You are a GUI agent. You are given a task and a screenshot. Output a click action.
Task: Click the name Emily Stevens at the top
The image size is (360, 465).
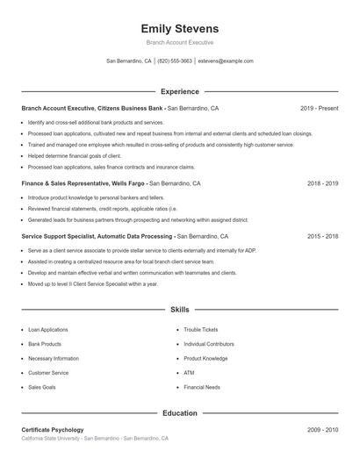click(x=180, y=28)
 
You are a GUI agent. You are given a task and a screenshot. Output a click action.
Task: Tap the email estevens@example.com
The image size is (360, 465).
click(x=226, y=61)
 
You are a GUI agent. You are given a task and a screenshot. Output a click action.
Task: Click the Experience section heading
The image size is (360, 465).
click(x=180, y=91)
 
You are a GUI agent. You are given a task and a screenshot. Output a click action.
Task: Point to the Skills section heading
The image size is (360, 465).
click(x=180, y=310)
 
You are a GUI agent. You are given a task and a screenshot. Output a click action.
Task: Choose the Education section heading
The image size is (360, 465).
click(x=180, y=412)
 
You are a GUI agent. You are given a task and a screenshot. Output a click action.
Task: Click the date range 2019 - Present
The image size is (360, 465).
click(x=319, y=108)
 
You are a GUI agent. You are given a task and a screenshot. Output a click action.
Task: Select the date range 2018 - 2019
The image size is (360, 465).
click(x=322, y=184)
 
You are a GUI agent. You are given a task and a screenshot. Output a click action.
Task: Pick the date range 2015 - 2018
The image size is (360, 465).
click(x=322, y=236)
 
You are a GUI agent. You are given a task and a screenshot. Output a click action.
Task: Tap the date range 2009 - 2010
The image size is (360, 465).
click(x=322, y=430)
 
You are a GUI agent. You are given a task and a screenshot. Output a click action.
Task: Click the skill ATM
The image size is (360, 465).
click(x=189, y=372)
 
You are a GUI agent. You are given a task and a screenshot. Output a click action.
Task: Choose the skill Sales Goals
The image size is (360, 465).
click(x=42, y=386)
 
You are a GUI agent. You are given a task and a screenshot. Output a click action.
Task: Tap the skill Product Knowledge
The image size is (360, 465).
click(x=205, y=358)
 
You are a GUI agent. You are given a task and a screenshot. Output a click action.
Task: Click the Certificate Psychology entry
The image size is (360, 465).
click(x=53, y=430)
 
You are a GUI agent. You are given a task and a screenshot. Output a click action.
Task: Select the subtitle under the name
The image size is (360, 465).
click(x=180, y=42)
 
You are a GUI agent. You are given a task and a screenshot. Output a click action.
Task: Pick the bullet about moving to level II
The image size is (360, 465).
click(x=93, y=284)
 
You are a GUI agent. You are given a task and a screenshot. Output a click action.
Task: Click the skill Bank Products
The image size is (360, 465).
click(x=45, y=344)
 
